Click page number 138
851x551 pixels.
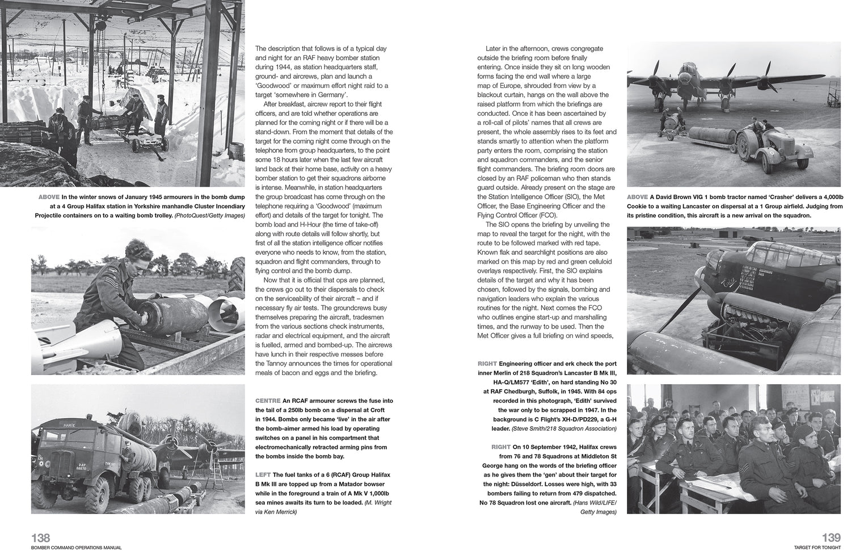click(x=41, y=537)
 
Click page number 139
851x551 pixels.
click(x=831, y=537)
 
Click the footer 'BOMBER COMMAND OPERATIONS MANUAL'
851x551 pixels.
click(x=77, y=547)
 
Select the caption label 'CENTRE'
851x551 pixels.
click(x=268, y=401)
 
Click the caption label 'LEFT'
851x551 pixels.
click(x=263, y=474)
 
